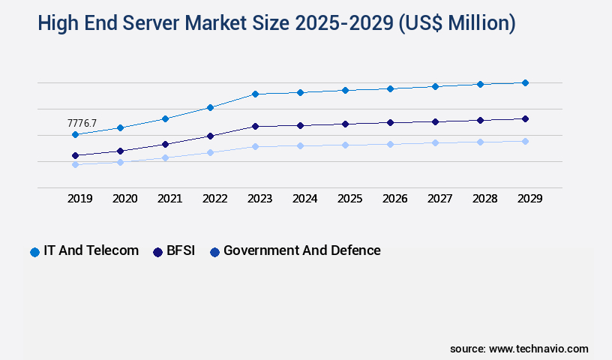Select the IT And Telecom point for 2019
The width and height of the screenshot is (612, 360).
click(x=75, y=135)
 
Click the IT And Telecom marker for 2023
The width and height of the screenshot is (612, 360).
click(x=255, y=94)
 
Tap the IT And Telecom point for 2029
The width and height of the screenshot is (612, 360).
click(x=525, y=82)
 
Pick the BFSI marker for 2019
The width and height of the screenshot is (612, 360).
click(x=75, y=155)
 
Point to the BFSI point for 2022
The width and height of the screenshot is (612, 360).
click(x=210, y=136)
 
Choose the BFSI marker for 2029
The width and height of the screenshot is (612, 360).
click(x=525, y=118)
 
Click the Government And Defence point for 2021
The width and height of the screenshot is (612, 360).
click(x=165, y=157)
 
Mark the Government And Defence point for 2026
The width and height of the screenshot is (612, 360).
click(x=390, y=144)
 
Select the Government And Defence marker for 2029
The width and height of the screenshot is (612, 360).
click(x=525, y=141)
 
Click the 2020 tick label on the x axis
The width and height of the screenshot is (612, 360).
click(x=124, y=199)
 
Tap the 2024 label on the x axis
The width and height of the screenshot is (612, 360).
click(x=304, y=199)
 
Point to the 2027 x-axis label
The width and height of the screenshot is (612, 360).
click(x=439, y=199)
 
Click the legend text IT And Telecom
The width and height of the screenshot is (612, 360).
click(x=91, y=250)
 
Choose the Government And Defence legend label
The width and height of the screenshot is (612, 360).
click(x=301, y=250)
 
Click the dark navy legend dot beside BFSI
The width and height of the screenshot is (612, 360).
click(x=158, y=252)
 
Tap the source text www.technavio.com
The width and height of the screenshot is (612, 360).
click(x=538, y=349)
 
